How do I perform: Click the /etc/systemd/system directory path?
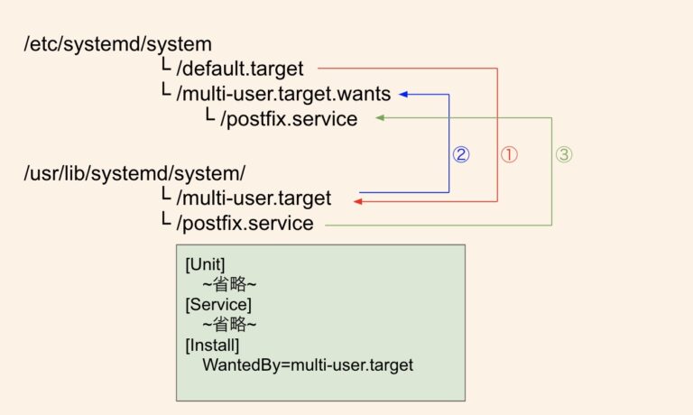point(117,42)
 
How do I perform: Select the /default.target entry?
point(241,68)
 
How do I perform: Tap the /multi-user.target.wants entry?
point(284,93)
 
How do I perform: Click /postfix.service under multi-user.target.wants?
point(289,118)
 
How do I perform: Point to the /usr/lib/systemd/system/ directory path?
point(134,172)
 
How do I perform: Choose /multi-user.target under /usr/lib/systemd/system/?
point(254,198)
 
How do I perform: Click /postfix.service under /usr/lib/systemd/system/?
point(245,223)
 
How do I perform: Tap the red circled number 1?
point(509,154)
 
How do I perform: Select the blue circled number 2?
point(460,154)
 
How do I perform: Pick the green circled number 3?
point(563,154)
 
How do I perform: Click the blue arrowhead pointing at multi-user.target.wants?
point(402,93)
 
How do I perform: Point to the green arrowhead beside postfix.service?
point(380,118)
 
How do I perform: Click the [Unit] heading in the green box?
point(205,265)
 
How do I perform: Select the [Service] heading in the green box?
point(217,305)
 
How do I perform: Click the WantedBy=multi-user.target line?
point(307,365)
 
